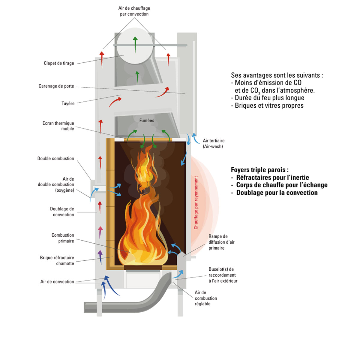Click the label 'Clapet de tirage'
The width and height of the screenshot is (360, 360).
(59, 63)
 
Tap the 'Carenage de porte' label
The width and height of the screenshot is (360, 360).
(56, 86)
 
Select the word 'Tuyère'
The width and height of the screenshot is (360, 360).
(68, 103)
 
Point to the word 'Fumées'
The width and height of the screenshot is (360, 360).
(147, 121)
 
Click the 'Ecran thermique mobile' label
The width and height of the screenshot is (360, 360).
(58, 126)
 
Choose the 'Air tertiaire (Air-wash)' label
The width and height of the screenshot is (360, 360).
(213, 143)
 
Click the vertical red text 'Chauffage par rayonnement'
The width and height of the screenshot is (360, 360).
(196, 203)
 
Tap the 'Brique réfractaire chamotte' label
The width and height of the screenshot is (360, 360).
(57, 260)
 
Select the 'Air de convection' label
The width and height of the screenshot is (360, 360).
(57, 282)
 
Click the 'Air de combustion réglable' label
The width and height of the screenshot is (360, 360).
(205, 298)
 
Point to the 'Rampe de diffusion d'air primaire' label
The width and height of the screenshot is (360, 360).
(221, 242)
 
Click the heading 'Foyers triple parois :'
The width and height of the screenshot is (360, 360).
(259, 170)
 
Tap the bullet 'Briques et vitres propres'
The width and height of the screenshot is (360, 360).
(269, 106)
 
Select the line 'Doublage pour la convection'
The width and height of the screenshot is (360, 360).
(277, 193)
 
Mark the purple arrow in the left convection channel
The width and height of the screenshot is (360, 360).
(100, 256)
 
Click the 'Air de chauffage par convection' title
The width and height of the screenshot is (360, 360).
(134, 11)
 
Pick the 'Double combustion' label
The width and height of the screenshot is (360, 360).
(55, 158)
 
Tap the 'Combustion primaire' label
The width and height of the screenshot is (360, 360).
(63, 238)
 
